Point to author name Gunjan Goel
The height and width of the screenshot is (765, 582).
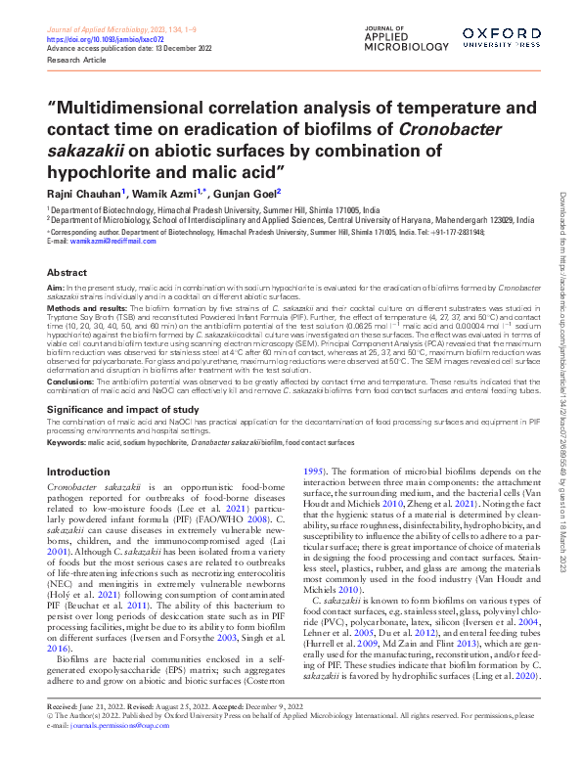click(250, 194)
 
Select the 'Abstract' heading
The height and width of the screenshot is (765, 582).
click(67, 273)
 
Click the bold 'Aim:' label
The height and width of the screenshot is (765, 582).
click(56, 290)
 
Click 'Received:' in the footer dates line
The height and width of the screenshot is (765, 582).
click(66, 734)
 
